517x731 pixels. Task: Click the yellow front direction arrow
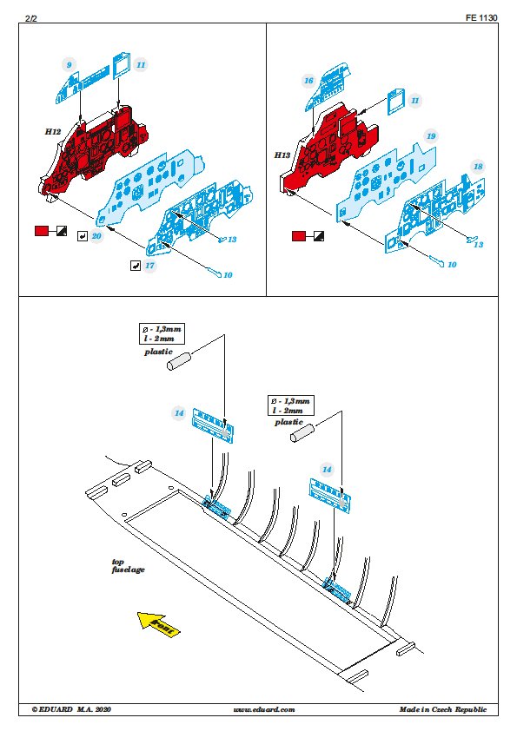point(158,624)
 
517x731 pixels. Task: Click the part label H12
point(53,131)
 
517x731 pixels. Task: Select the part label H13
point(282,155)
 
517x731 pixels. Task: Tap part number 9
point(69,65)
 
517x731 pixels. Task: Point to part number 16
point(308,81)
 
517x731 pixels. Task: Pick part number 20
point(96,236)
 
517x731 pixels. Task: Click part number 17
point(149,266)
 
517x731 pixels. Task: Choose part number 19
point(431,136)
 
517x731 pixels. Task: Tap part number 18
point(478,167)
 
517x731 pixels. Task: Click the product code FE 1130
point(481,17)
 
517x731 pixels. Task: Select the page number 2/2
point(30,18)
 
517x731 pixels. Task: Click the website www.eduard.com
point(263,709)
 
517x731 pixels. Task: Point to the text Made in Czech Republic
point(442,709)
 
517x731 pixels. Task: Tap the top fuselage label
point(128,565)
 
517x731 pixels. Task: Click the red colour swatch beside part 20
point(42,231)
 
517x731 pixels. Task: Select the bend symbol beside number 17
point(136,266)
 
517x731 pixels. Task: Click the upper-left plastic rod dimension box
point(162,333)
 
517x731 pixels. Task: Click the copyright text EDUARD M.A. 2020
point(71,709)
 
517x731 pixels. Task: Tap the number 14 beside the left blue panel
point(179,413)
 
